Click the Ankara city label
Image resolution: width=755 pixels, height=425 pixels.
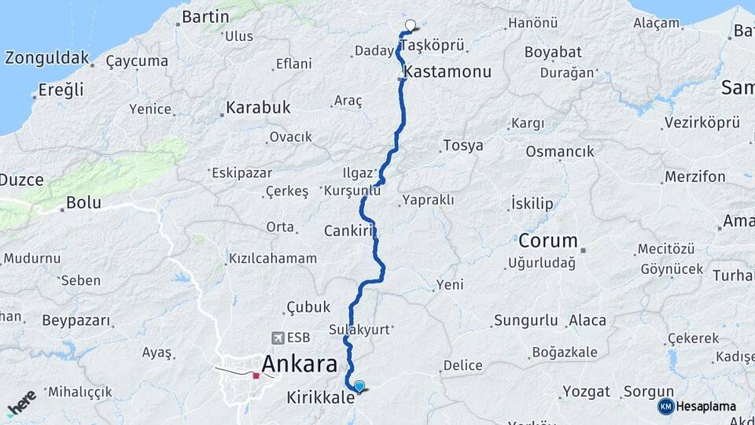(300, 364)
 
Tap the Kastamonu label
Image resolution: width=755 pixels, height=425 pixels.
(447, 72)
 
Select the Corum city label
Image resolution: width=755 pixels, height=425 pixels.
(548, 241)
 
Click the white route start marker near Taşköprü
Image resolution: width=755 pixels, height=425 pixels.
(410, 25)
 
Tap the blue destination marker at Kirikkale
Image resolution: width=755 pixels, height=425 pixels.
(359, 386)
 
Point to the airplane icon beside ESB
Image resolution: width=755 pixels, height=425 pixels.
(277, 338)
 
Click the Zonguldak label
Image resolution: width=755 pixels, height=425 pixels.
(46, 58)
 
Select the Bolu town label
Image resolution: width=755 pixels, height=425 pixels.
(83, 202)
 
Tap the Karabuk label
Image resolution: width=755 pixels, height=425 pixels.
(258, 107)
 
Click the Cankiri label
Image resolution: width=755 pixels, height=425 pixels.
(348, 231)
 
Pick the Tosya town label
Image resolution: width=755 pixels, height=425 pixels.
(463, 146)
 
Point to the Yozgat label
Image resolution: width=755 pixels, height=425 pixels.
(587, 391)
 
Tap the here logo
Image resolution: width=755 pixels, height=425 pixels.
(22, 402)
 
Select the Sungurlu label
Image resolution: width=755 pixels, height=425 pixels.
(525, 320)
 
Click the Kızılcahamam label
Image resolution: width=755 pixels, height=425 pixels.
(272, 258)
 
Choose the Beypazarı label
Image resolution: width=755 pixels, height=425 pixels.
(76, 321)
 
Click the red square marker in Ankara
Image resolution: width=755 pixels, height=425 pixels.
(256, 375)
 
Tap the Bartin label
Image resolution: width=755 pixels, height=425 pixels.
(205, 17)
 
